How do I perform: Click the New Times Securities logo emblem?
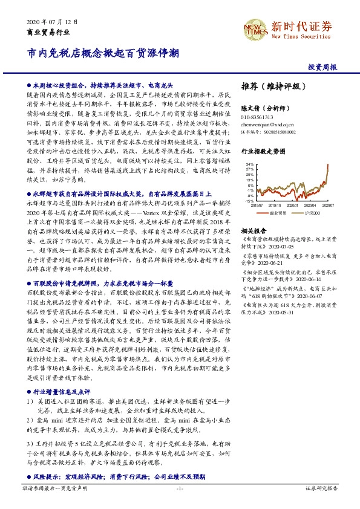[254, 27]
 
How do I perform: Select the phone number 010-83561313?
[257, 117]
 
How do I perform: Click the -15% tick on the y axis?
[250, 201]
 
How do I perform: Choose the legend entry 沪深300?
[312, 213]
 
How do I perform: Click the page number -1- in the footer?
[180, 487]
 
